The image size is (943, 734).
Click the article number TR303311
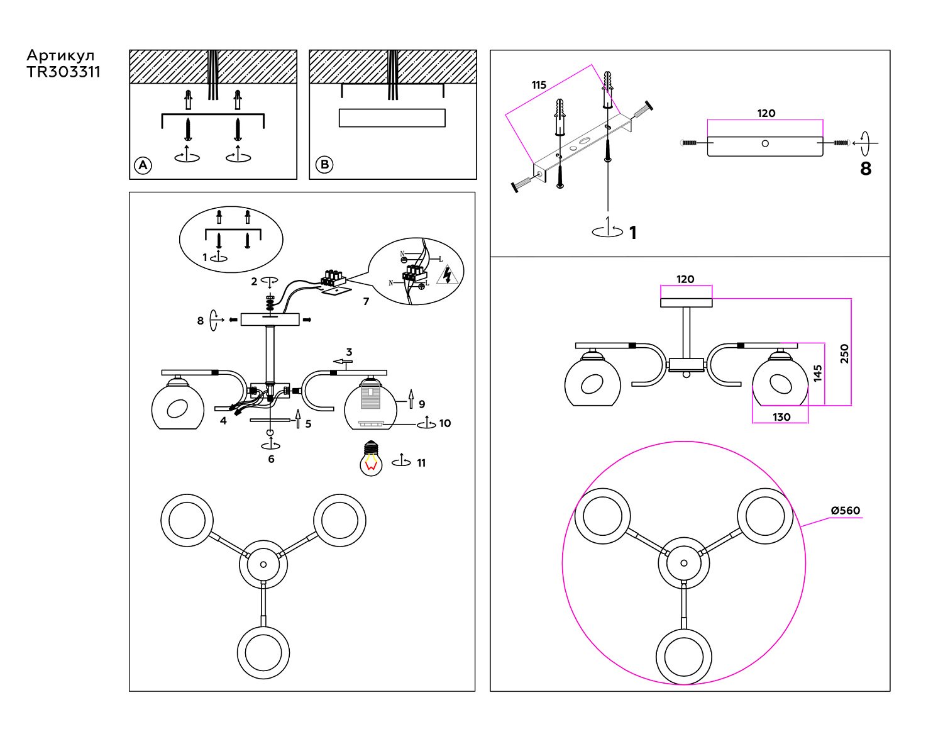tap(63, 72)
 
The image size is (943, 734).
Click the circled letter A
tap(143, 165)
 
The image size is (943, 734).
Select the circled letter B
tap(324, 165)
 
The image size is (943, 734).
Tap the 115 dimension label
tap(539, 85)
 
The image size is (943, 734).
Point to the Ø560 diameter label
tap(845, 511)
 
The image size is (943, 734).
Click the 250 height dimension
tap(844, 353)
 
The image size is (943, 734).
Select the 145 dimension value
tap(817, 373)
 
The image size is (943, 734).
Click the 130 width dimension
tap(781, 417)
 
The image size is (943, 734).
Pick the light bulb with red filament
tap(371, 459)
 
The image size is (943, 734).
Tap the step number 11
tap(421, 463)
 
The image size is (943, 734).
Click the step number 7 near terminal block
tap(366, 301)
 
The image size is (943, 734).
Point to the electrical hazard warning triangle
tap(447, 275)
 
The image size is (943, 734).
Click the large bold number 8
tap(866, 169)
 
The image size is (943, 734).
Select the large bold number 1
tap(633, 233)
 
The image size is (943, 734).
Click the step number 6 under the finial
tap(271, 459)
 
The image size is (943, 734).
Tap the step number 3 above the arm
tap(349, 352)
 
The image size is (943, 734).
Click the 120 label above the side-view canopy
tap(685, 279)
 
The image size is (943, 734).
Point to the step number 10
tap(445, 423)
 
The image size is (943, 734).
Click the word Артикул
tap(60, 55)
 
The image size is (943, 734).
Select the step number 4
tap(223, 421)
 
